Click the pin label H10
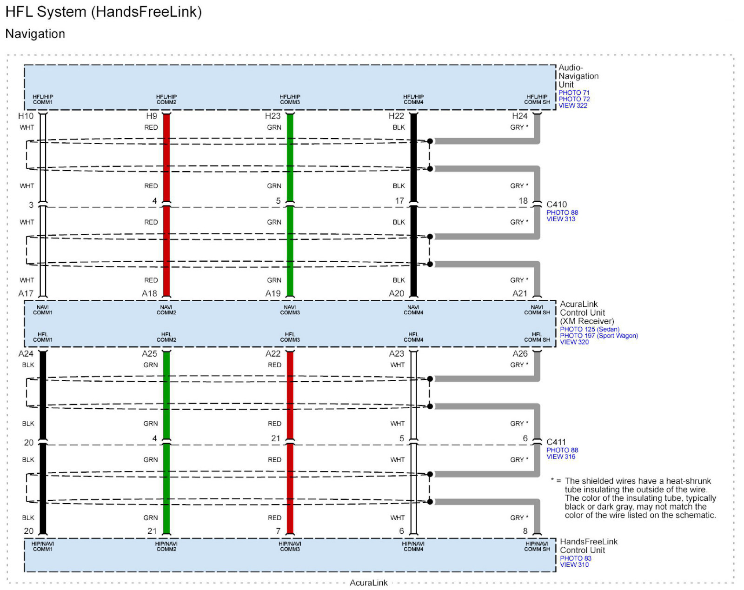[26, 116]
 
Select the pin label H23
[273, 116]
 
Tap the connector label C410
[557, 204]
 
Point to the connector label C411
[556, 442]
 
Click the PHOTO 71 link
[574, 93]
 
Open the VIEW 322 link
[573, 106]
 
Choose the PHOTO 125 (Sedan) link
[590, 329]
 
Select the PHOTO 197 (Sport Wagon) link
[599, 336]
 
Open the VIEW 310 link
[574, 565]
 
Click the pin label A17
[26, 293]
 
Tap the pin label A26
[520, 354]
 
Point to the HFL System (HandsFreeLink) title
[103, 12]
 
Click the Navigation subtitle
[35, 34]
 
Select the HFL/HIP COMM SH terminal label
[537, 99]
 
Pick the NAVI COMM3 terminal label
[290, 310]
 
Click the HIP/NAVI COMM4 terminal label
[413, 546]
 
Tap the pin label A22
[273, 354]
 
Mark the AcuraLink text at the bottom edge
[369, 583]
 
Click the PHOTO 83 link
[576, 558]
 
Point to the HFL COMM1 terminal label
[42, 337]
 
